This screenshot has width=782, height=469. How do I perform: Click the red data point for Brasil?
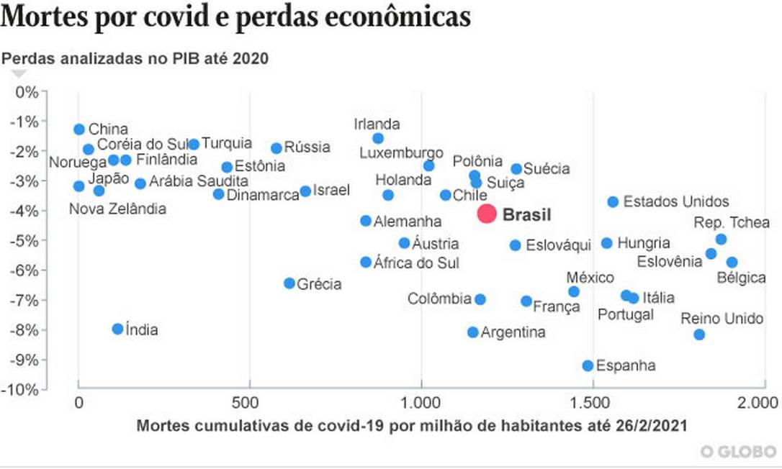click(487, 214)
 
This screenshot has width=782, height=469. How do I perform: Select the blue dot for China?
click(79, 129)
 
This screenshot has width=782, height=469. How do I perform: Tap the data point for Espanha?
click(588, 366)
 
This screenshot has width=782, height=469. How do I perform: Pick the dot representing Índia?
click(118, 329)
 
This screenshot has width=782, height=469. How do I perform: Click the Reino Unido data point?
click(699, 334)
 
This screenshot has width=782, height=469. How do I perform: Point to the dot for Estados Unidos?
click(613, 202)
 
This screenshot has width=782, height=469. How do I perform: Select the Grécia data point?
click(289, 283)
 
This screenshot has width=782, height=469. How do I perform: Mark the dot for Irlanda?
click(378, 138)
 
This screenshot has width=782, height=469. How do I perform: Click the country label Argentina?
click(513, 332)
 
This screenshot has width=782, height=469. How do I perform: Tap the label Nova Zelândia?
click(117, 209)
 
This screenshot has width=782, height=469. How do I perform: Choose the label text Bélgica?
click(741, 278)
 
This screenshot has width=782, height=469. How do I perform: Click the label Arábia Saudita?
click(198, 181)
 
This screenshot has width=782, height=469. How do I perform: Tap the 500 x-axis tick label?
click(249, 401)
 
